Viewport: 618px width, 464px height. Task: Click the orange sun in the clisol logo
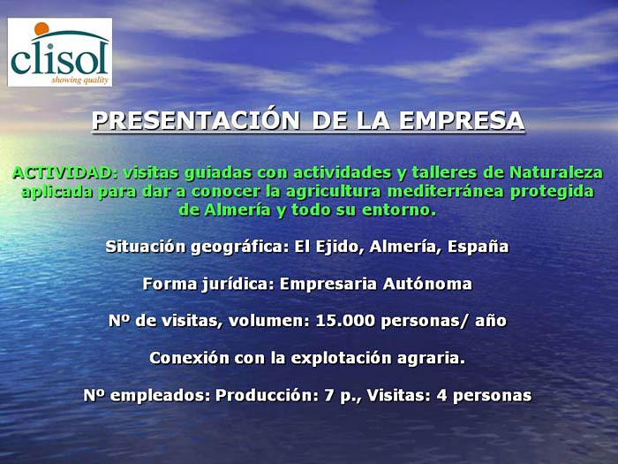(x=41, y=29)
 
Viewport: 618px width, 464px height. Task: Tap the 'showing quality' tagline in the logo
(x=79, y=80)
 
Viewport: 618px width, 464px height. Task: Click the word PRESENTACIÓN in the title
(x=196, y=121)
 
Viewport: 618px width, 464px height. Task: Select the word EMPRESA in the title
(x=462, y=121)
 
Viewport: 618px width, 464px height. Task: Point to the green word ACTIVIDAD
(x=65, y=173)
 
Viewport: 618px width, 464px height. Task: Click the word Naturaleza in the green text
(x=556, y=173)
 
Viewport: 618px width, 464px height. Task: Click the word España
(x=479, y=247)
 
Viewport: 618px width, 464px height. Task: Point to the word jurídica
(x=237, y=284)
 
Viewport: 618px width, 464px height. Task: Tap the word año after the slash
(x=491, y=321)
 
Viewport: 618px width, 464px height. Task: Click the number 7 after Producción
(x=329, y=396)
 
